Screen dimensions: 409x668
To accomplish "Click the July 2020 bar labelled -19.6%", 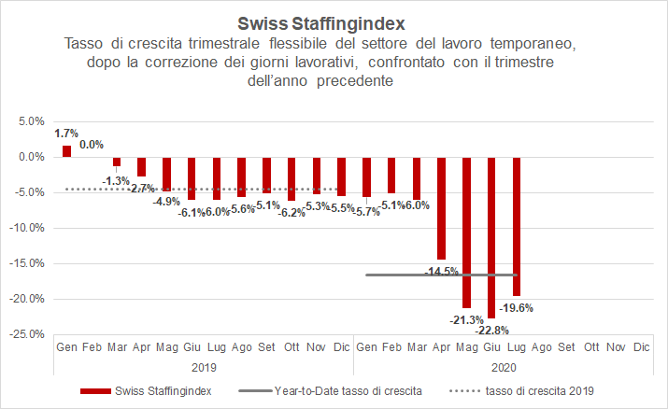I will point(517,226).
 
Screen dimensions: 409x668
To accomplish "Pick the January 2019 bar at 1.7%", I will point(66,151).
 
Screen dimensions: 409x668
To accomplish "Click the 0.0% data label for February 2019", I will point(92,145).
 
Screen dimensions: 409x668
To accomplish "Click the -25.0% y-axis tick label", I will point(29,333).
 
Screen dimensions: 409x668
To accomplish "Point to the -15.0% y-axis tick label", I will point(29,262).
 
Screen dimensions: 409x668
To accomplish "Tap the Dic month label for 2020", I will point(641,347).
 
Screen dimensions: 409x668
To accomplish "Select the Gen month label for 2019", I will point(66,347).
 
